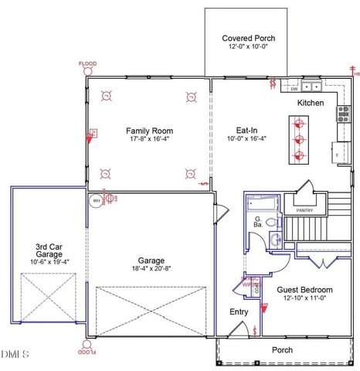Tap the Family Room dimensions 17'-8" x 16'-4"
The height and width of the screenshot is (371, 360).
(x=148, y=140)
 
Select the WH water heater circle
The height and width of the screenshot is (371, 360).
(x=97, y=200)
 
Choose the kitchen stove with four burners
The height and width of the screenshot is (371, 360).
(x=342, y=114)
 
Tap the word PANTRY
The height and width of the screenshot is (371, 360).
(x=298, y=209)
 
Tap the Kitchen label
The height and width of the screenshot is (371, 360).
(x=311, y=103)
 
